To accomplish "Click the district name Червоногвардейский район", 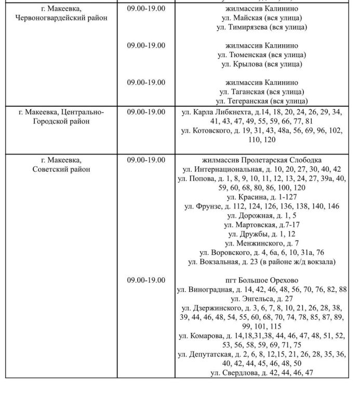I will pos(61,18).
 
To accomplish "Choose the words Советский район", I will pos(61,169).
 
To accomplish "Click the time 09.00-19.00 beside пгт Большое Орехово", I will pos(146,280).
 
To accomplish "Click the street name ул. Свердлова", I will pos(234,373).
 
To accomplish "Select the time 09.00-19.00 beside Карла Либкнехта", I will pos(146,112).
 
